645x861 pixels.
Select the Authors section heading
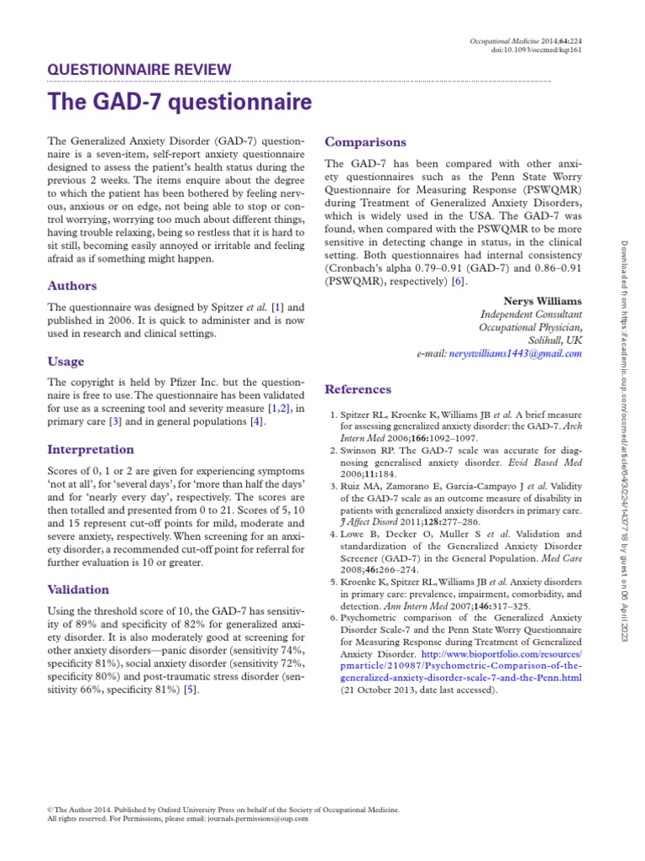tap(72, 286)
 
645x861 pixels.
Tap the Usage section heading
tap(66, 362)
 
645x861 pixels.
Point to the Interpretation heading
tap(91, 449)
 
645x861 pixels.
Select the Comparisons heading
tap(365, 142)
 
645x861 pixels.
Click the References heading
tap(358, 389)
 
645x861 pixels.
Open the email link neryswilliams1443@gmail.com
tap(514, 355)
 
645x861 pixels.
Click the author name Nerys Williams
tap(542, 300)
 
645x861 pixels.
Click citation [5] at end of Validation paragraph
tap(191, 689)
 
